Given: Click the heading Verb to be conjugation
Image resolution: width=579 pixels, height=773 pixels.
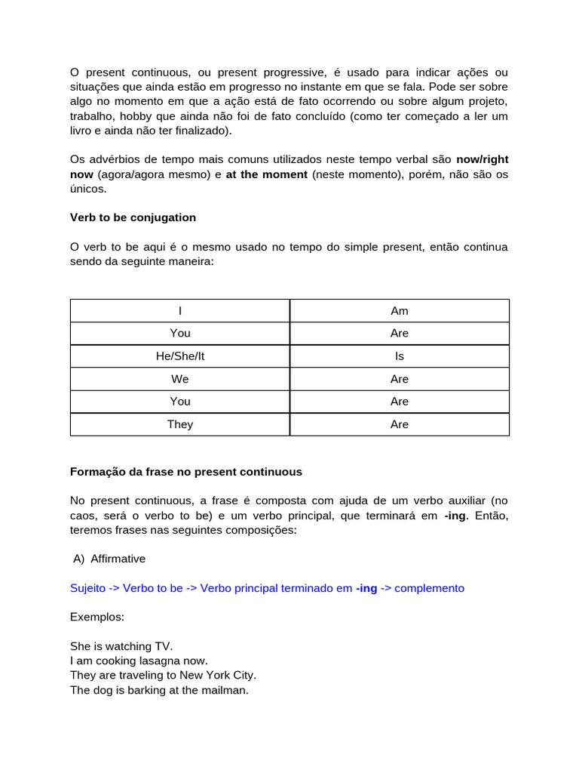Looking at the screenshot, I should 133,217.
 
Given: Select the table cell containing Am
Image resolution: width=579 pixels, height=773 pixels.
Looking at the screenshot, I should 400,310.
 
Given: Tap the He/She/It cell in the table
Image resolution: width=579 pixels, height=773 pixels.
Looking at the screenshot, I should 180,356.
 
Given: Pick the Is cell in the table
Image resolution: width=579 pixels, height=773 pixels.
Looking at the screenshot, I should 400,356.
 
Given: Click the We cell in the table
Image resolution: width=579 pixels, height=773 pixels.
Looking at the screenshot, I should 180,379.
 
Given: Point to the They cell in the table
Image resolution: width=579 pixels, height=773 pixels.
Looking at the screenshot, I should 180,424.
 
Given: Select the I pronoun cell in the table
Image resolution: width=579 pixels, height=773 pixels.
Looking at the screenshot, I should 180,310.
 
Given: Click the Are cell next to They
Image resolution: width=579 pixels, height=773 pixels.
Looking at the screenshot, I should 400,424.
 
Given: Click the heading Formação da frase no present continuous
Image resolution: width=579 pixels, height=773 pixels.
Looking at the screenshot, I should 186,472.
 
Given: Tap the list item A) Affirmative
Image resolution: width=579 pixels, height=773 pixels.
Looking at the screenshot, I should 109,559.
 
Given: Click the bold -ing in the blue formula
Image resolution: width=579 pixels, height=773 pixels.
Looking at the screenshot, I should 366,588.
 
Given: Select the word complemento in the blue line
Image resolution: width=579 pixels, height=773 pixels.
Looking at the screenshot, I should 430,588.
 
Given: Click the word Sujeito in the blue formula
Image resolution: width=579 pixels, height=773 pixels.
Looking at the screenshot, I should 88,588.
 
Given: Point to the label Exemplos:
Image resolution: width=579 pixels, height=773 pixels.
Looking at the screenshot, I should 97,617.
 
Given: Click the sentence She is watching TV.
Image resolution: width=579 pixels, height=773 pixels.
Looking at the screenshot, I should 121,646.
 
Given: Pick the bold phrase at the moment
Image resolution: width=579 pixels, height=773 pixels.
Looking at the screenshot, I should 267,174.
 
